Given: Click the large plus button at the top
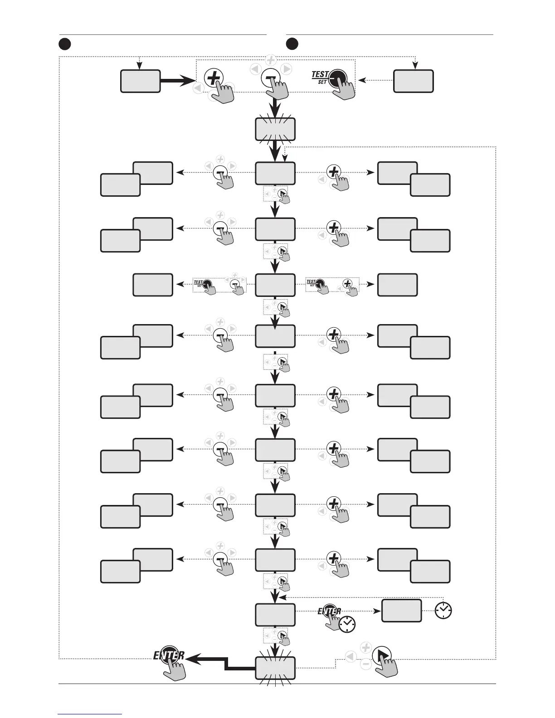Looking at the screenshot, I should tap(214, 78).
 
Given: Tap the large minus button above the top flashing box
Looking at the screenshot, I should tap(271, 78).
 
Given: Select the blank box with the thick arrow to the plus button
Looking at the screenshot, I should tap(140, 81).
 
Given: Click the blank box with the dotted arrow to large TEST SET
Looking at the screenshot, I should tap(413, 81).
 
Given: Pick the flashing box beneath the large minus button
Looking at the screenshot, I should tap(275, 129).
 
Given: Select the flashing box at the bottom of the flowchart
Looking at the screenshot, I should tap(275, 668).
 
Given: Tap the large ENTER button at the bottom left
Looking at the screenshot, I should tap(169, 655).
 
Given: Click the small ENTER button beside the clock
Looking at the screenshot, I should tap(330, 611).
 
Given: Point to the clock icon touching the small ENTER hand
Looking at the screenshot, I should tap(347, 624).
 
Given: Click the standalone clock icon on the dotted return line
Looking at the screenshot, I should tap(443, 611).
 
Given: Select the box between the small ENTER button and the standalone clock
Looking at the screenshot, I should tap(401, 611).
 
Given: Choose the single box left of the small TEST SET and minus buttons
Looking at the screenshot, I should tap(153, 285).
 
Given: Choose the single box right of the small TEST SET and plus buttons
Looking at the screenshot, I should tap(397, 285).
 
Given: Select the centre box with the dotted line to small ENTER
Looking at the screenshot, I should tap(275, 615).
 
